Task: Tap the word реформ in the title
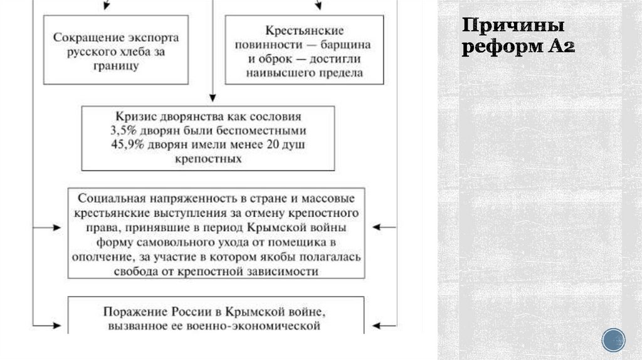click(495, 46)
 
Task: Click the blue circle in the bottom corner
click(613, 340)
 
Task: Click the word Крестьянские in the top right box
click(304, 30)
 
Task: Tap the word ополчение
click(100, 257)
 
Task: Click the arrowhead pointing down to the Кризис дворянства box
click(213, 97)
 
